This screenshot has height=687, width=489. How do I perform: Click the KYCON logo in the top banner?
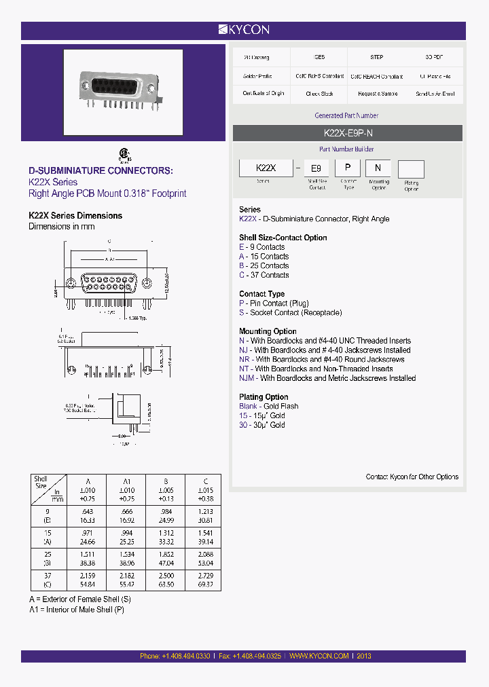tap(244, 30)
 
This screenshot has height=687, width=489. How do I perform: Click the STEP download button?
tap(377, 58)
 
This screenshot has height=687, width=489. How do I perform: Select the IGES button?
tap(319, 58)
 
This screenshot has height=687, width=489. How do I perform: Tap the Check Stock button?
tap(319, 94)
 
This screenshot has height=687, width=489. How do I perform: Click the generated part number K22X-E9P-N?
tap(347, 134)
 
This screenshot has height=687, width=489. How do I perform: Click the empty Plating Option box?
tap(411, 169)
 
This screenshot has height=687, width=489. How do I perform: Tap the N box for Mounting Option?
tap(378, 168)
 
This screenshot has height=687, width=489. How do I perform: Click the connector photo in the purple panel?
tap(123, 92)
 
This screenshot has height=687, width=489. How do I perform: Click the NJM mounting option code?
tap(247, 378)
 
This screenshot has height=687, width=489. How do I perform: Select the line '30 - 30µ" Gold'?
tap(262, 425)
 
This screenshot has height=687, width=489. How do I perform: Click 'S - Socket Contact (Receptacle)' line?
tap(290, 313)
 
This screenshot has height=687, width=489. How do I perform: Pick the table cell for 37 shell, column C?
tap(206, 580)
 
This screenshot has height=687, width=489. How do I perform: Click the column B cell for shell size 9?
tap(166, 515)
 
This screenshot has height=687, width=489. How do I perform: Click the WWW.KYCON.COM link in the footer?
tap(319, 656)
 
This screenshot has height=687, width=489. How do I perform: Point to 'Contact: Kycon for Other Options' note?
tap(412, 477)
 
